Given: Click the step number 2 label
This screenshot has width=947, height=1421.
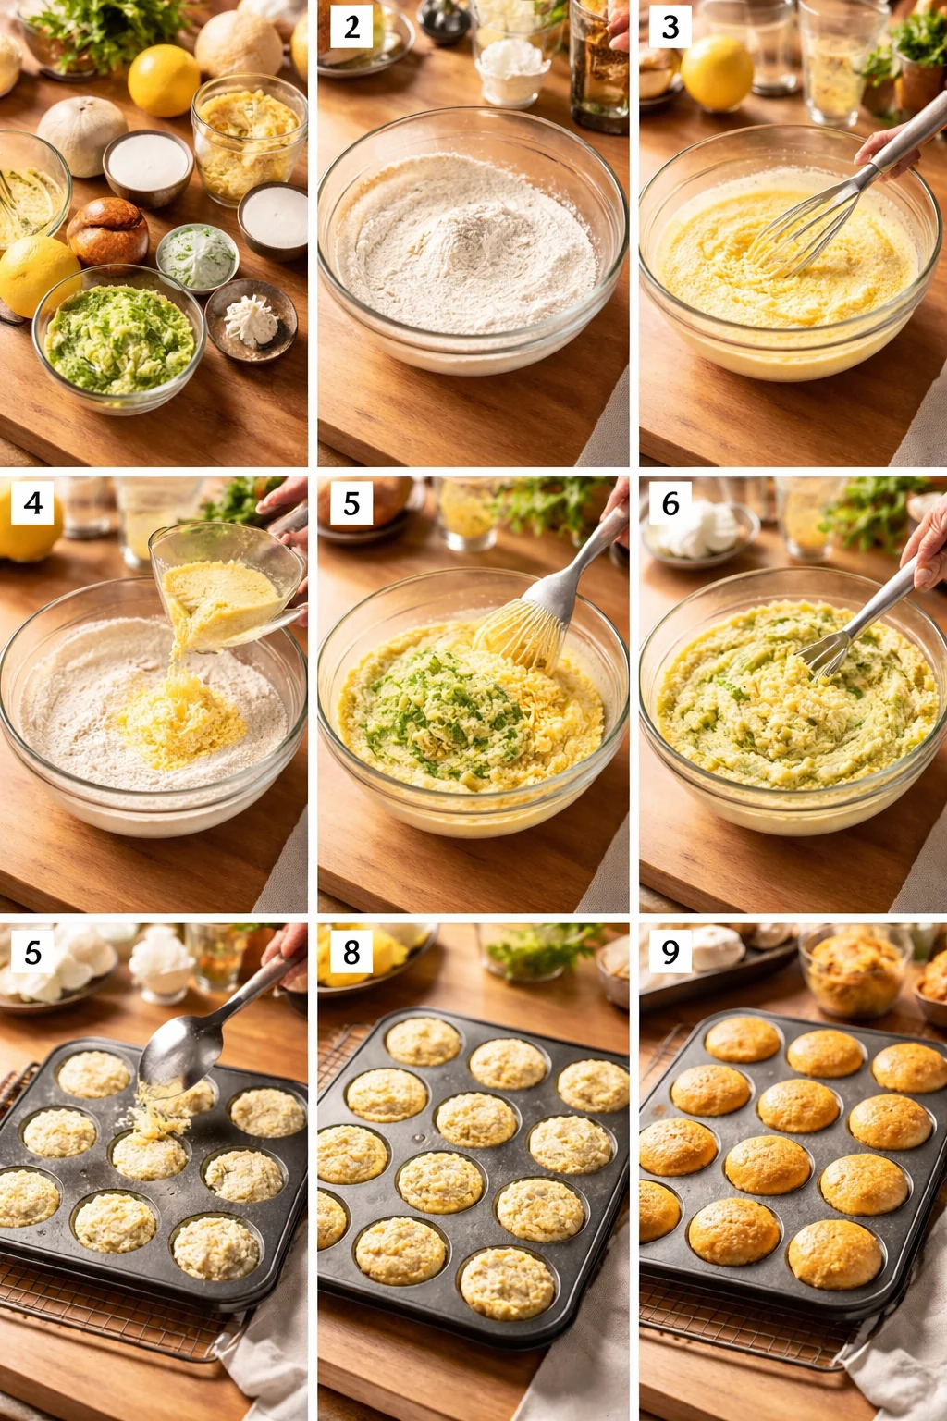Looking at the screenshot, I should click(351, 28).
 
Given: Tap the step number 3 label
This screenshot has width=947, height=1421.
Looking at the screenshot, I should click(670, 28).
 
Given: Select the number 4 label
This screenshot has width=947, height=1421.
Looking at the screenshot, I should click(33, 503).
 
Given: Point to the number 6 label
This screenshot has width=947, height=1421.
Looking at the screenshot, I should click(670, 503).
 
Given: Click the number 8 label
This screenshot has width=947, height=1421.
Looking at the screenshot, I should click(351, 952).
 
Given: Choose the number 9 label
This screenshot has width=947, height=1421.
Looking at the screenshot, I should click(670, 952).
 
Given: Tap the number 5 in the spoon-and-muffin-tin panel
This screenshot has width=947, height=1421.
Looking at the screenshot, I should click(33, 952).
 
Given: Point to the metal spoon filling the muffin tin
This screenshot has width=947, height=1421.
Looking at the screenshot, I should click(185, 1045).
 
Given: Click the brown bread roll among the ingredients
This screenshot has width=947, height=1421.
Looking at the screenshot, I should click(107, 231).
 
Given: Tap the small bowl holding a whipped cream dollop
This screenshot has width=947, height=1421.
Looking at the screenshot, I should click(252, 320).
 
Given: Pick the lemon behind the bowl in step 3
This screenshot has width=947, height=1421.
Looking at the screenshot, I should click(717, 72).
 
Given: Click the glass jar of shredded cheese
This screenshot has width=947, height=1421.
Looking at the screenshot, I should click(250, 139).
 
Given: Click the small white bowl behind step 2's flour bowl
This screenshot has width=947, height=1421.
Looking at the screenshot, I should click(510, 69).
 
